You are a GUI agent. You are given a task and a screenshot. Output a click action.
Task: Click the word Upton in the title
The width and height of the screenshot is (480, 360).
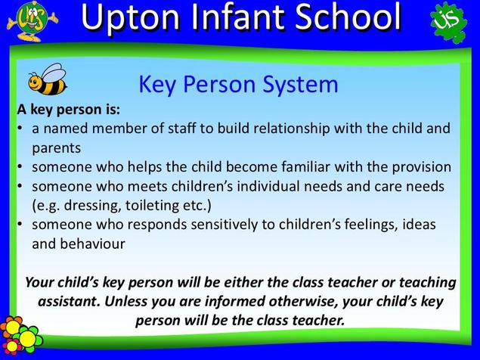tap(132, 19)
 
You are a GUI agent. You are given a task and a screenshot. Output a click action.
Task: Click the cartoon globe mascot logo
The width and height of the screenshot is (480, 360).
tap(32, 21)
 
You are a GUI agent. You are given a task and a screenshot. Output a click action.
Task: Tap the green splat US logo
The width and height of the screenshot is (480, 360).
tap(448, 21)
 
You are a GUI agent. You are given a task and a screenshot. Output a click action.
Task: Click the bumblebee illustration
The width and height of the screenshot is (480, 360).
tap(48, 79)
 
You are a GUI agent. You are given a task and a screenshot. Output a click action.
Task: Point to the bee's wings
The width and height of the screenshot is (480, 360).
tap(54, 73)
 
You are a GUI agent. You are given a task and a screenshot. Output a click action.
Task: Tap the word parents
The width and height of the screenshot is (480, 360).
tap(57, 148)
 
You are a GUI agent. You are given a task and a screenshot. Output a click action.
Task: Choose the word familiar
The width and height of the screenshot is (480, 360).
tap(305, 167)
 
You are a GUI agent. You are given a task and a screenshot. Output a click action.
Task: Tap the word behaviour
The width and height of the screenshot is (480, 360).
tap(92, 244)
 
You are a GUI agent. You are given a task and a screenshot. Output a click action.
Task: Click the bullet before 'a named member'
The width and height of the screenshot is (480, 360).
tap(20, 128)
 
